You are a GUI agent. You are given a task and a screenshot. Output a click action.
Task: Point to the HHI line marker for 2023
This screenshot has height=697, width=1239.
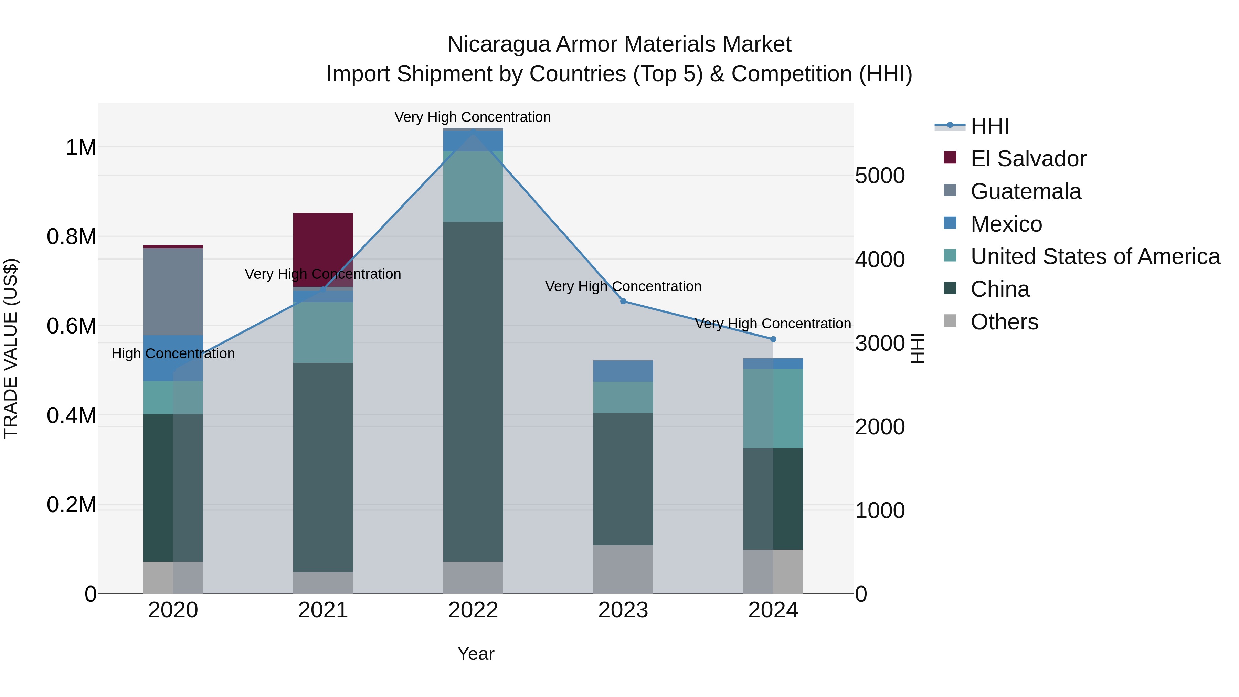623,301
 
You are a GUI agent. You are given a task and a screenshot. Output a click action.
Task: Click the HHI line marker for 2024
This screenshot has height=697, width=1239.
773,339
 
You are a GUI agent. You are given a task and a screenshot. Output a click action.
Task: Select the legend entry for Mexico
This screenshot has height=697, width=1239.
1006,224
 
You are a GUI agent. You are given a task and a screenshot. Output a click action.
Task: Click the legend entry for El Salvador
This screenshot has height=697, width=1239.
1027,159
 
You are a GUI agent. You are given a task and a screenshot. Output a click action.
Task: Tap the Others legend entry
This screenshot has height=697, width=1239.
1004,322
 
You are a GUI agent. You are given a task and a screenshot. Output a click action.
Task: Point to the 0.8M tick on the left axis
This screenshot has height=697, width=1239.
71,237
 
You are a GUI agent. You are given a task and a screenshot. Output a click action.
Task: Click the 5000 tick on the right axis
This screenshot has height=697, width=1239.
880,176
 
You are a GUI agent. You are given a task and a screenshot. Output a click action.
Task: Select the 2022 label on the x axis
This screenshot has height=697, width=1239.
473,610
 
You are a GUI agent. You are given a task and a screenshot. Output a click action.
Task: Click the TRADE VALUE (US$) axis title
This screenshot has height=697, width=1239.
11,348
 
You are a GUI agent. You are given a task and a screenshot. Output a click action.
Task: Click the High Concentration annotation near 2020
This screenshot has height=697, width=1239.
173,353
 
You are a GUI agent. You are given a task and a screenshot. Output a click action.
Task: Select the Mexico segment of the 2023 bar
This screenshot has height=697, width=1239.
623,370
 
